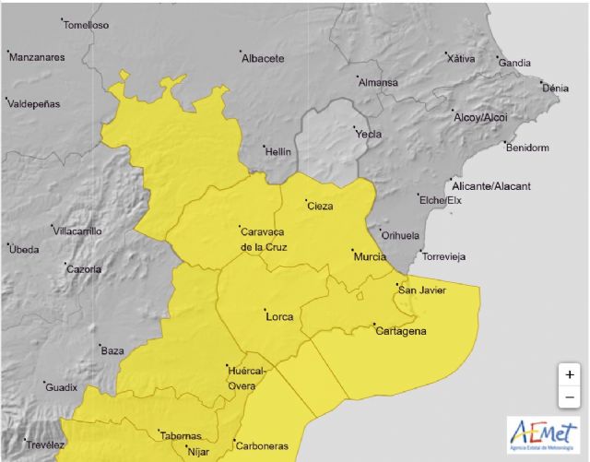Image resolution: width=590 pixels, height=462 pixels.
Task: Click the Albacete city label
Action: click(263, 59)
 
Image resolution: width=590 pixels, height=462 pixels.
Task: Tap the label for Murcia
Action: click(369, 255)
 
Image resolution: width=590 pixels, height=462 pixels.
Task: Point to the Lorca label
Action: click(279, 317)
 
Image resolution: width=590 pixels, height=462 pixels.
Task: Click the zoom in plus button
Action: click(570, 374)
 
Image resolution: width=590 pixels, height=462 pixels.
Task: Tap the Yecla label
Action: click(369, 134)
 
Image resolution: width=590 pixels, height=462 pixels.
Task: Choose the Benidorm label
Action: click(528, 148)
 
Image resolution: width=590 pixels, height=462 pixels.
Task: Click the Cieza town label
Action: click(320, 206)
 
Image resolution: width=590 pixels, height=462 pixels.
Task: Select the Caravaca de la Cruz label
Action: click(264, 239)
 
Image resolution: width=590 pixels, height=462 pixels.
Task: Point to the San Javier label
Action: click(421, 291)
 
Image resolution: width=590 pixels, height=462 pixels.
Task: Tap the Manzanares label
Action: click(37, 57)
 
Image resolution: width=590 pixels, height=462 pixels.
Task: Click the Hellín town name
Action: click(277, 151)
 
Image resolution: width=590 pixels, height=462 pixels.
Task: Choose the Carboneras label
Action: click(262, 445)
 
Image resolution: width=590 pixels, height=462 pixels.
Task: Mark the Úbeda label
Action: click(24, 249)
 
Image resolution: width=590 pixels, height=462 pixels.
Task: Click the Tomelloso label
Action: click(88, 25)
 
